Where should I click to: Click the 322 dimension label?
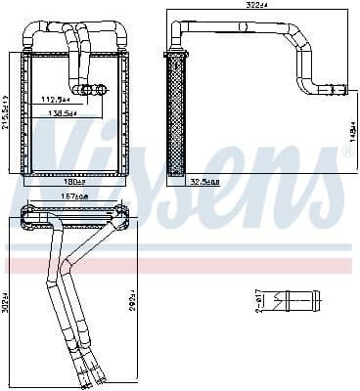click(255, 7)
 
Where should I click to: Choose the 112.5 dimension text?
click(56, 98)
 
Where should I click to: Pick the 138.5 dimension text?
click(62, 113)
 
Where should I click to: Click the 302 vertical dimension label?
click(6, 297)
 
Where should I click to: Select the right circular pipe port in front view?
click(102, 91)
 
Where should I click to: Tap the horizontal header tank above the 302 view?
click(73, 210)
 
